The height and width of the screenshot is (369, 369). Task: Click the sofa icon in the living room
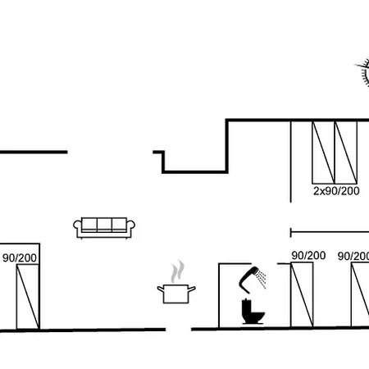104,228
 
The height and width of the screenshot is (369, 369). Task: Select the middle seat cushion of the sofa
104,225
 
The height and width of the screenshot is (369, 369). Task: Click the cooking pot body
176,294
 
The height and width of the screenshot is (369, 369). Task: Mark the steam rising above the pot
177,271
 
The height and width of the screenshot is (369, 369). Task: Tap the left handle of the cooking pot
161,289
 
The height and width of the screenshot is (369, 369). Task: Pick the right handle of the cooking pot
192,289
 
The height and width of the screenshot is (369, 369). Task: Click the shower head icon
248,280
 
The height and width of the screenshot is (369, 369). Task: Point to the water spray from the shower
262,280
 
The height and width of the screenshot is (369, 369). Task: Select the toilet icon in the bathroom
253,312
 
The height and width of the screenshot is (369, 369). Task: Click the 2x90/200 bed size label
336,191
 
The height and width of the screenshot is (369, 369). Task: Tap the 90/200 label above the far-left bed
20,257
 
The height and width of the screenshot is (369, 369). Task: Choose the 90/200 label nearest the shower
308,256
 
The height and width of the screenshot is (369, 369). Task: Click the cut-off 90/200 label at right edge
353,257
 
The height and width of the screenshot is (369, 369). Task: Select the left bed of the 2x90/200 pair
323,153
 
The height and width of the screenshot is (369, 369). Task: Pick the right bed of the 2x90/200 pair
346,153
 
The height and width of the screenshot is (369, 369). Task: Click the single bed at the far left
28,297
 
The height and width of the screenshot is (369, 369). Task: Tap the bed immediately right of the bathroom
302,294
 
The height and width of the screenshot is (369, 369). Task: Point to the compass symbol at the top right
363,72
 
